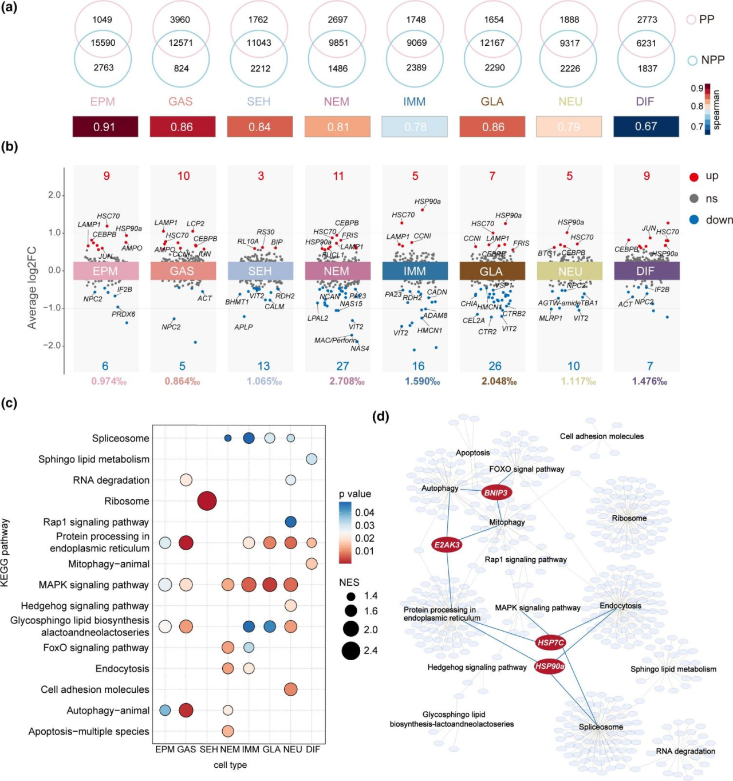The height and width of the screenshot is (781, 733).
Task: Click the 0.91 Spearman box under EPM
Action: [x=105, y=127]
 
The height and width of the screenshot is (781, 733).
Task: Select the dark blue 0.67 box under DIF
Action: [x=646, y=127]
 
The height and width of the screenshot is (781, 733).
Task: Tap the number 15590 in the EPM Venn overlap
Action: [x=103, y=43]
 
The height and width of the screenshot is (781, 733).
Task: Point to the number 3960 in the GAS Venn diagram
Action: [x=180, y=19]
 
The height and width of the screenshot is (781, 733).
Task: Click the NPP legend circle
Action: [x=692, y=60]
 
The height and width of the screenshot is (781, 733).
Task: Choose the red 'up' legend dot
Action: [x=694, y=177]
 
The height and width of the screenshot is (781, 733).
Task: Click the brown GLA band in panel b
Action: [x=492, y=271]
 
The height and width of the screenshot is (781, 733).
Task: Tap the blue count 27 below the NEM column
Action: [x=342, y=366]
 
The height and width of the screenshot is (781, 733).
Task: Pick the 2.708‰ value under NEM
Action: [x=347, y=381]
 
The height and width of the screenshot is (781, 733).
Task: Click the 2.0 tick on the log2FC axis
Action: [x=54, y=195]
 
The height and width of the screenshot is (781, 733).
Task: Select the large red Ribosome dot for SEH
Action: [x=207, y=501]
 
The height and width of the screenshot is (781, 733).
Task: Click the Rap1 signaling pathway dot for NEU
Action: [x=290, y=522]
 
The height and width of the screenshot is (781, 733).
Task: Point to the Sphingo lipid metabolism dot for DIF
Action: [x=312, y=459]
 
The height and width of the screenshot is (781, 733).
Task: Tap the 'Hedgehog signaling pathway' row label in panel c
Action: [x=85, y=606]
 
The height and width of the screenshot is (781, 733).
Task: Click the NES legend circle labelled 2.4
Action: [x=351, y=650]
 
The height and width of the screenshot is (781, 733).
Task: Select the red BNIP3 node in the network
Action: [x=496, y=492]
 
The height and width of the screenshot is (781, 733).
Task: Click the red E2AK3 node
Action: [x=447, y=545]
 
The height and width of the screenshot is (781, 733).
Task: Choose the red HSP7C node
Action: [x=550, y=642]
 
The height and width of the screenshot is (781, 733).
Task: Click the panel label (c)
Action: [x=9, y=403]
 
